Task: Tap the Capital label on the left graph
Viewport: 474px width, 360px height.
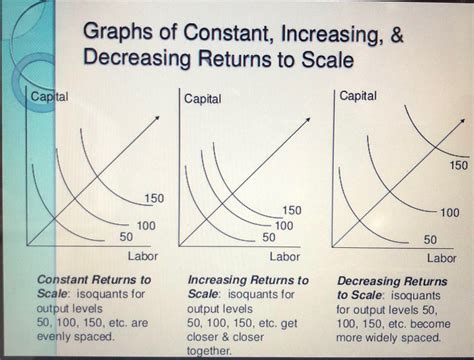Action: tap(50, 97)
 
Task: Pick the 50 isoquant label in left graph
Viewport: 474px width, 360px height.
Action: tap(126, 236)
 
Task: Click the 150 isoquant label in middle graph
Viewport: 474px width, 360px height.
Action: tap(292, 211)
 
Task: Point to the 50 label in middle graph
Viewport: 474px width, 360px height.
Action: tap(269, 237)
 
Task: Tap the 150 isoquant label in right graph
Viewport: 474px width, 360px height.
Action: tap(457, 163)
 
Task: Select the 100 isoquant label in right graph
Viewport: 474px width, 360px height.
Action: tap(449, 213)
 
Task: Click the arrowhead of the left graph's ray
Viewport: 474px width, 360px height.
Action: tap(158, 120)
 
